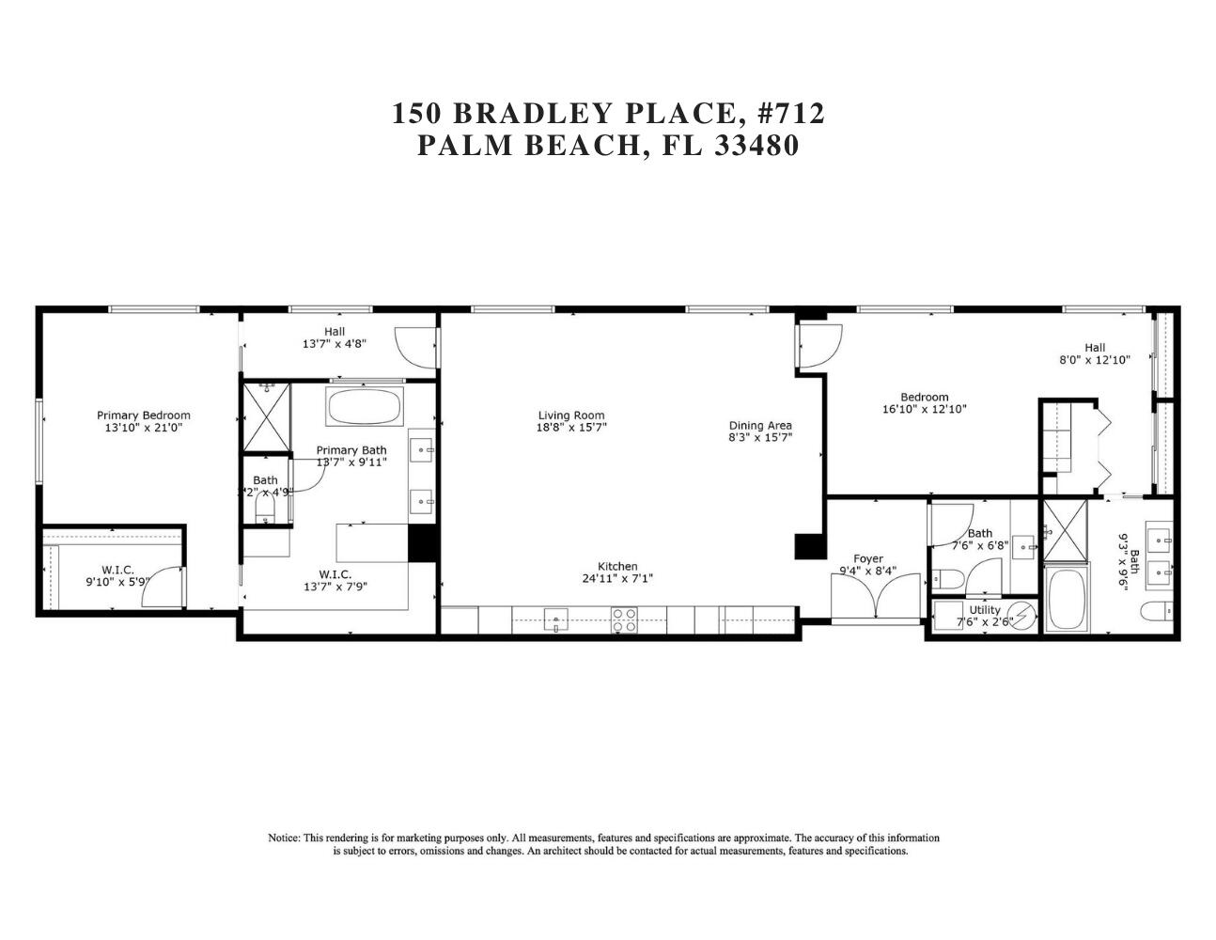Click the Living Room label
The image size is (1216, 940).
tap(570, 415)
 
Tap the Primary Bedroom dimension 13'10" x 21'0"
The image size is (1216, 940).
tap(143, 428)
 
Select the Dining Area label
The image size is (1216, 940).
tap(760, 425)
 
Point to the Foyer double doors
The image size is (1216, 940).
tap(876, 598)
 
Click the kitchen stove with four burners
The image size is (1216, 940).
tap(624, 619)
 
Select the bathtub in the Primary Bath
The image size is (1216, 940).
tap(364, 406)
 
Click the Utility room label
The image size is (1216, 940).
tap(985, 610)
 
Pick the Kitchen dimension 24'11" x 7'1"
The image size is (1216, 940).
tap(617, 579)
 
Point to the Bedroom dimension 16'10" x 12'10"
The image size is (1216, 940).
tap(924, 409)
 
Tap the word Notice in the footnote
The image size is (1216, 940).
tap(284, 838)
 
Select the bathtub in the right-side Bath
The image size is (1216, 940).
tap(1066, 600)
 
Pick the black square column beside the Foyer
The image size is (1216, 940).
tap(808, 546)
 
